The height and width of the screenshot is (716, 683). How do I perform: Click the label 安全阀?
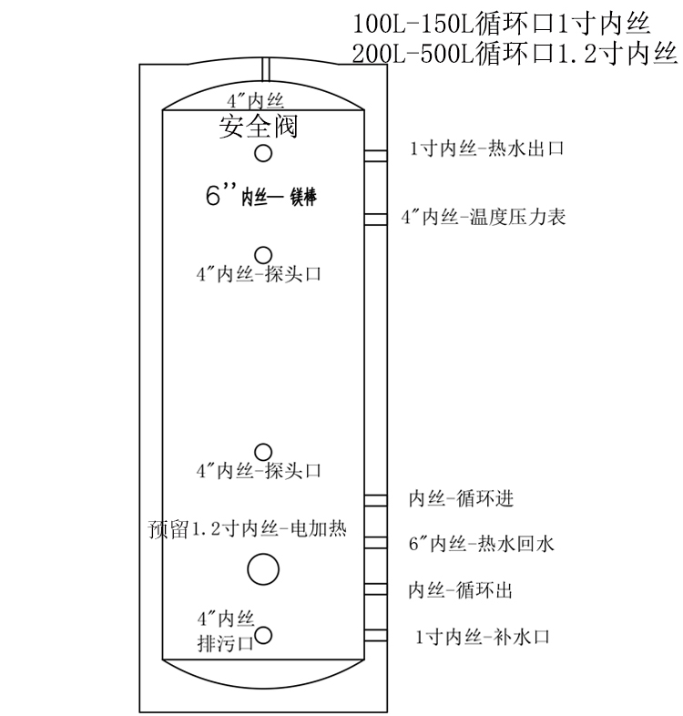coord(259,126)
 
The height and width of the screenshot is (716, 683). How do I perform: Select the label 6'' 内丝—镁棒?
coord(261,198)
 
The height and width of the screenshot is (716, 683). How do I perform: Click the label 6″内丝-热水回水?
coord(481,544)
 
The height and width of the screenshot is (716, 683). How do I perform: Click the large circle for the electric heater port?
coord(264,568)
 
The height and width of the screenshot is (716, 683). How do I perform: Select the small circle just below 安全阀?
coord(263,153)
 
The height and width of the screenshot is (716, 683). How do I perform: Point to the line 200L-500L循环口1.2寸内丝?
coord(515,52)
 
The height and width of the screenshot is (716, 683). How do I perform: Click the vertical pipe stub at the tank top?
coord(265,72)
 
